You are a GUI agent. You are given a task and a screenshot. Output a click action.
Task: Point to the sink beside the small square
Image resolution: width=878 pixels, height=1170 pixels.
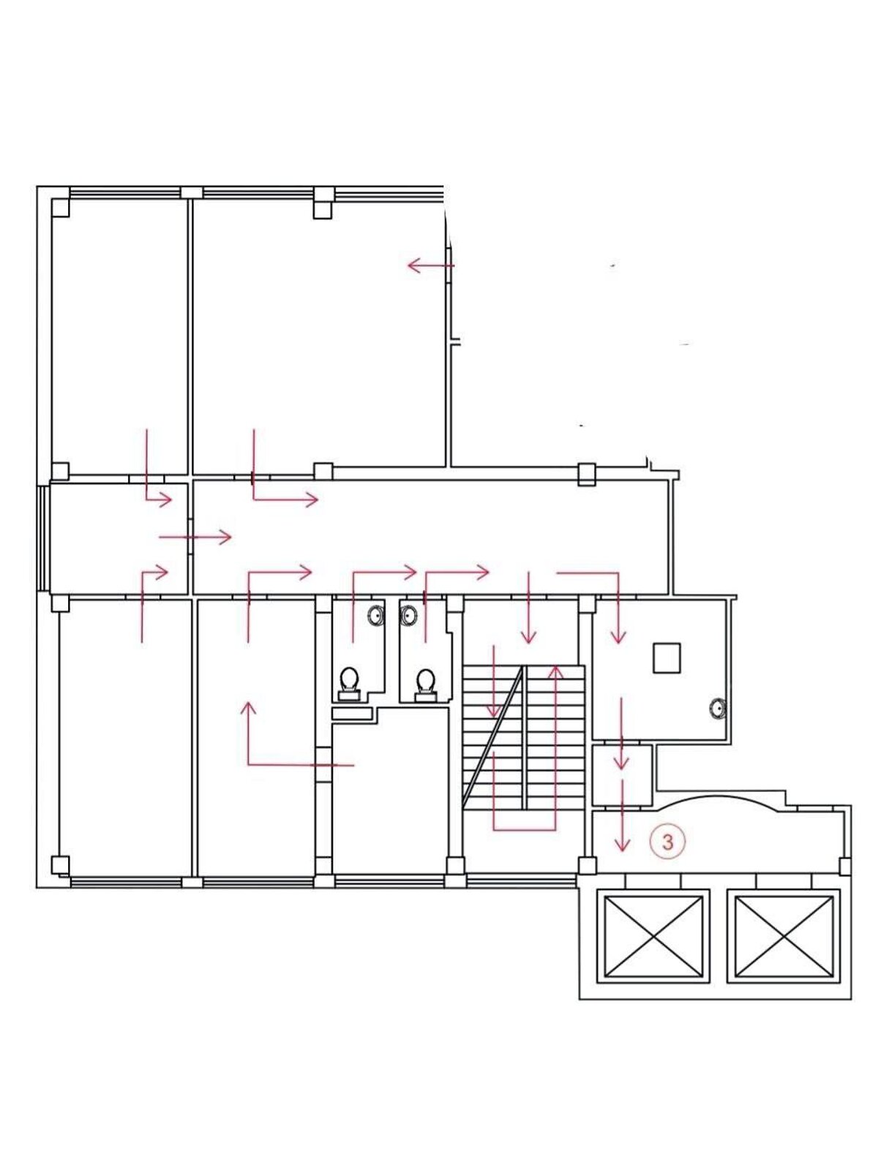[718, 709]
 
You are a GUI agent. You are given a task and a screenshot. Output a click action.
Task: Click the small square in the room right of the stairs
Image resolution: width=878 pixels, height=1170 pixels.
[667, 657]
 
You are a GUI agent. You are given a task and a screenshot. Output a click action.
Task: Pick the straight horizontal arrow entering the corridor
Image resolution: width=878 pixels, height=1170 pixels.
[195, 537]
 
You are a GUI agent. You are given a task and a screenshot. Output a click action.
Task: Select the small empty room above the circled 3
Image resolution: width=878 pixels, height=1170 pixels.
[622, 774]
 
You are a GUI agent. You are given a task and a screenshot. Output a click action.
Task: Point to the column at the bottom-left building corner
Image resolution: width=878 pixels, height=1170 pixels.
[60, 864]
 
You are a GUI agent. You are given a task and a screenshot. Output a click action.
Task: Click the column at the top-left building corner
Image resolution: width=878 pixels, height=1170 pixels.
[60, 208]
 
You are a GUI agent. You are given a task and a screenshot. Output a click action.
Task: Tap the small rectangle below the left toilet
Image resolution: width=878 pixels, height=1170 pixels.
[351, 713]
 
